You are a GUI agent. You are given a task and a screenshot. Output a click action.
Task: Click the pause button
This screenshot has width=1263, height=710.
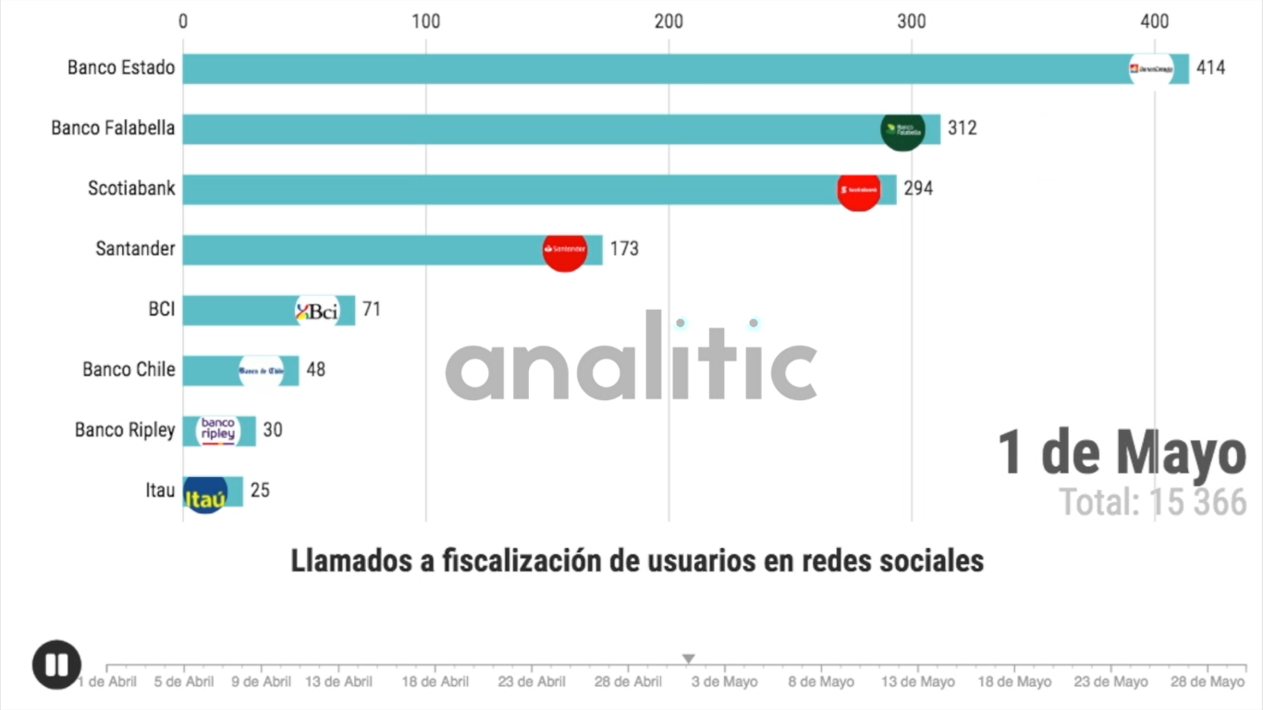click(x=56, y=665)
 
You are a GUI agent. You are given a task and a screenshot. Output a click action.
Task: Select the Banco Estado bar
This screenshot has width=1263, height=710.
click(x=647, y=68)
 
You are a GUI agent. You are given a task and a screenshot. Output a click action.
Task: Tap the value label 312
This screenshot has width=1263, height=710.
click(x=962, y=129)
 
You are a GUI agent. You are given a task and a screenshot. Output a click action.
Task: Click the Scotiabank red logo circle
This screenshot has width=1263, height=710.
click(x=859, y=190)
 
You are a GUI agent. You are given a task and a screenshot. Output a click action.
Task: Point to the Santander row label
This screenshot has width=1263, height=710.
click(x=135, y=249)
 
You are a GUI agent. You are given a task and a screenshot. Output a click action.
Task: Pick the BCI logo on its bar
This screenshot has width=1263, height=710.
click(x=317, y=312)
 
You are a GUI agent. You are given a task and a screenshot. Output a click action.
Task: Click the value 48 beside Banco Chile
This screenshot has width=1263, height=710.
click(x=315, y=370)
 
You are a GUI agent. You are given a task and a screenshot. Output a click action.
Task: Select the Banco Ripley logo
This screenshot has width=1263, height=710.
click(x=218, y=431)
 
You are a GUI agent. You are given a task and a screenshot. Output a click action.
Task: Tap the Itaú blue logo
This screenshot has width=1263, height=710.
click(x=205, y=494)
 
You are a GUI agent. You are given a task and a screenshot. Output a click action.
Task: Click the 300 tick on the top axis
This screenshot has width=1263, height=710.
click(x=912, y=21)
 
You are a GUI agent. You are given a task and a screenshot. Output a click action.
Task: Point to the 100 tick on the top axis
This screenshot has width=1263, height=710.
click(x=425, y=21)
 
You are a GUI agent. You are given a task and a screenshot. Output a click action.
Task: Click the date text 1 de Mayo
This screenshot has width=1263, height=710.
click(x=1122, y=454)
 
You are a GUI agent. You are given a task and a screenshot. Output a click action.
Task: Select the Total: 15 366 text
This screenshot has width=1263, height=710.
click(x=1152, y=502)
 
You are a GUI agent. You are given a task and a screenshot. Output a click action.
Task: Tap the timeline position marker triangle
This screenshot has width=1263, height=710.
click(x=688, y=659)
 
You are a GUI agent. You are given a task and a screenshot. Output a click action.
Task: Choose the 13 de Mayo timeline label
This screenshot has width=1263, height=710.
click(x=918, y=682)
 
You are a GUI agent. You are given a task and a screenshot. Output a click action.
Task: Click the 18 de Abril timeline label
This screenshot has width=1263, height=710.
click(x=435, y=682)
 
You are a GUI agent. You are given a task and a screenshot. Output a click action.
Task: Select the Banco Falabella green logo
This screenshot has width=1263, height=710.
click(x=902, y=129)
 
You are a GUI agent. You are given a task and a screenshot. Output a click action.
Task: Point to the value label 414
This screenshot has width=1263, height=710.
click(x=1210, y=68)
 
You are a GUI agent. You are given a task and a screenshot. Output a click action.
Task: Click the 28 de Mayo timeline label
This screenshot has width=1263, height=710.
click(x=1208, y=682)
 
